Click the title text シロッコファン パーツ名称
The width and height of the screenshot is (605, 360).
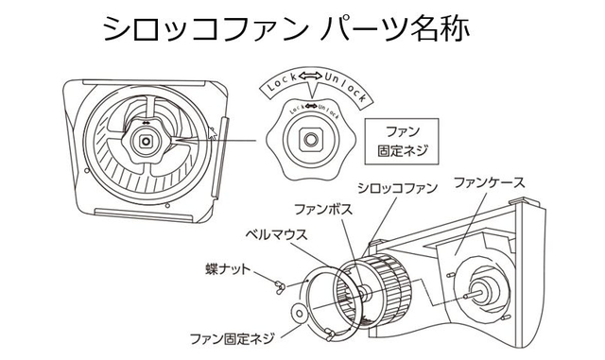point(285,28)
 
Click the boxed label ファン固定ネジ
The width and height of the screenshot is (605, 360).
point(402,141)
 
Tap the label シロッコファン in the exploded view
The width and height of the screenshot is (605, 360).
point(397,188)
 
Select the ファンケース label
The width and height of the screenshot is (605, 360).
point(490,182)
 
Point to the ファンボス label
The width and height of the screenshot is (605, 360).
point(323,210)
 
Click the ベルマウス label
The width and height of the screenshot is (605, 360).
point(276,234)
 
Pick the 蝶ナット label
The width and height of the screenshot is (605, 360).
point(228,269)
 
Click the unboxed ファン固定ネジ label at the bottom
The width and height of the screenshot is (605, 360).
point(232,339)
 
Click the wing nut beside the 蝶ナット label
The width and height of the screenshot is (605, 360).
point(280,286)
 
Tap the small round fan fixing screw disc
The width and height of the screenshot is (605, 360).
point(299,313)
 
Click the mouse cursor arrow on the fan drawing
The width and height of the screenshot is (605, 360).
point(212,132)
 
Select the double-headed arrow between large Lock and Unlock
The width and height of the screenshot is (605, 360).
point(310,77)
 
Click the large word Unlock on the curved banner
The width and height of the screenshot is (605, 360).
point(344,86)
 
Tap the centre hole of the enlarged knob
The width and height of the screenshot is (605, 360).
point(309,139)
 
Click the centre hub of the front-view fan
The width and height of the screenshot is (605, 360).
point(146,142)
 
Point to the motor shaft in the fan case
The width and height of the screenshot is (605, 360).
point(474,295)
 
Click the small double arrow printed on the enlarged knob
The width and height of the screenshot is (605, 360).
point(311,106)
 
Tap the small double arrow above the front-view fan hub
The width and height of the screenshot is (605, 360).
point(146,123)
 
